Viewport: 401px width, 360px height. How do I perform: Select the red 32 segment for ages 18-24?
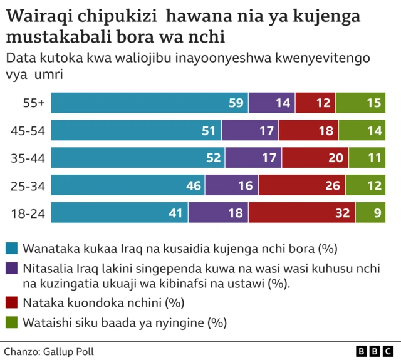[x=302, y=213]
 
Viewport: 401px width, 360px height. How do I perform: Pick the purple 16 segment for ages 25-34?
[x=231, y=185]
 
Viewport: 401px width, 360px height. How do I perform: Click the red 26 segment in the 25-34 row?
[x=301, y=185]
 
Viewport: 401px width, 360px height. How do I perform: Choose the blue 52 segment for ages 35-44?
[x=138, y=158]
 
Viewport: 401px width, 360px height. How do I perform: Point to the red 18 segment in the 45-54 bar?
[x=308, y=130]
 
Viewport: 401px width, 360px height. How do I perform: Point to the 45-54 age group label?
[x=28, y=130]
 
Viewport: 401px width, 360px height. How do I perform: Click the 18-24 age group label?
[x=28, y=213]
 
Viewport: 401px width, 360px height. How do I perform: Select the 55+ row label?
[x=33, y=103]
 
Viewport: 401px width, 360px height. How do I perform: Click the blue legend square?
[x=11, y=248]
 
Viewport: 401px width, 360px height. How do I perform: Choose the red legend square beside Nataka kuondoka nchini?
[x=11, y=304]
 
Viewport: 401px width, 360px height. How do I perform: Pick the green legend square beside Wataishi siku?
[x=11, y=323]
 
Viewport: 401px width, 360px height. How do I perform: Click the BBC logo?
[x=374, y=351]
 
